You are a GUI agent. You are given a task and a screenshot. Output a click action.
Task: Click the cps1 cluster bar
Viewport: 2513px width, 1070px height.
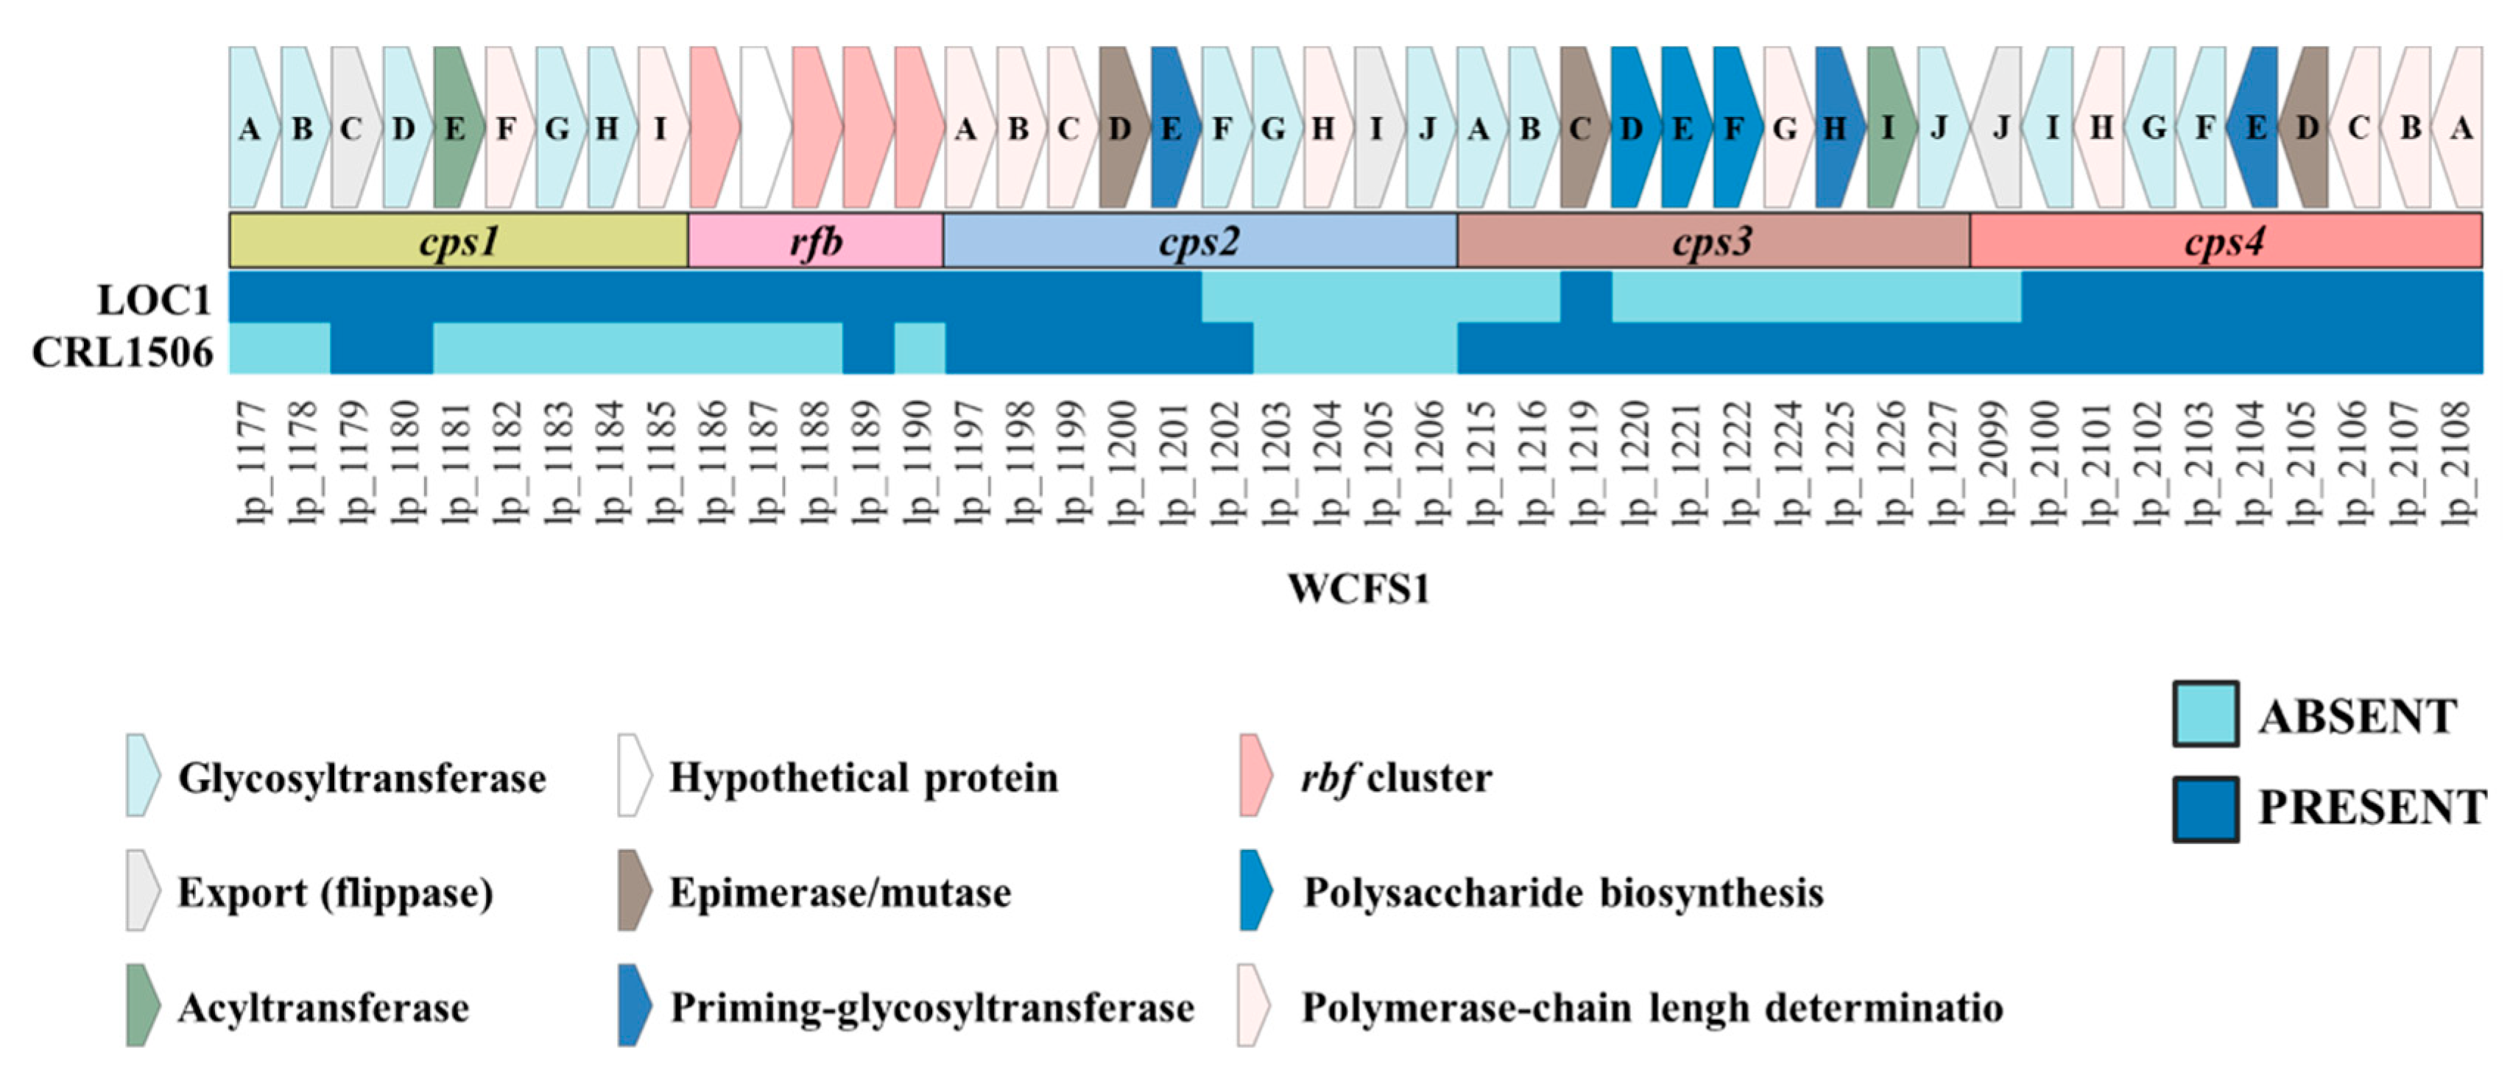point(459,240)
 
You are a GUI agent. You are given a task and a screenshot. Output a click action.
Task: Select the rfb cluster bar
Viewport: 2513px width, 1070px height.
point(816,240)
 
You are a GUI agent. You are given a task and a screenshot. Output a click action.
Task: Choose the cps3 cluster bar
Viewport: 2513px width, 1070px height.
point(1713,240)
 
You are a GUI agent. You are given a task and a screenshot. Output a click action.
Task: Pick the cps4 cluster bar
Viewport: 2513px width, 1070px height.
point(2225,240)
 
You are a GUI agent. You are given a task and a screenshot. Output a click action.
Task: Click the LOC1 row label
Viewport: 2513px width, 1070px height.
point(154,300)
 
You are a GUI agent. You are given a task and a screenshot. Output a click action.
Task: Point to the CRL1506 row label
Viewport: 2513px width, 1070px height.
point(122,352)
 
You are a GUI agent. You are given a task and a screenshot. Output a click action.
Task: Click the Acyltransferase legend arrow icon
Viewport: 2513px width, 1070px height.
point(142,1006)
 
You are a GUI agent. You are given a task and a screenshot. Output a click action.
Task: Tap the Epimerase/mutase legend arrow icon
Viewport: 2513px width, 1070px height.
point(634,890)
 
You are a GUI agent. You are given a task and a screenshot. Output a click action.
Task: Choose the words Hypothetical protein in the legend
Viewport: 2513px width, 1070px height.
point(864,777)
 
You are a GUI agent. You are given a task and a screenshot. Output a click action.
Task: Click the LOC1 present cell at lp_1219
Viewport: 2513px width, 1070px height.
point(1585,297)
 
